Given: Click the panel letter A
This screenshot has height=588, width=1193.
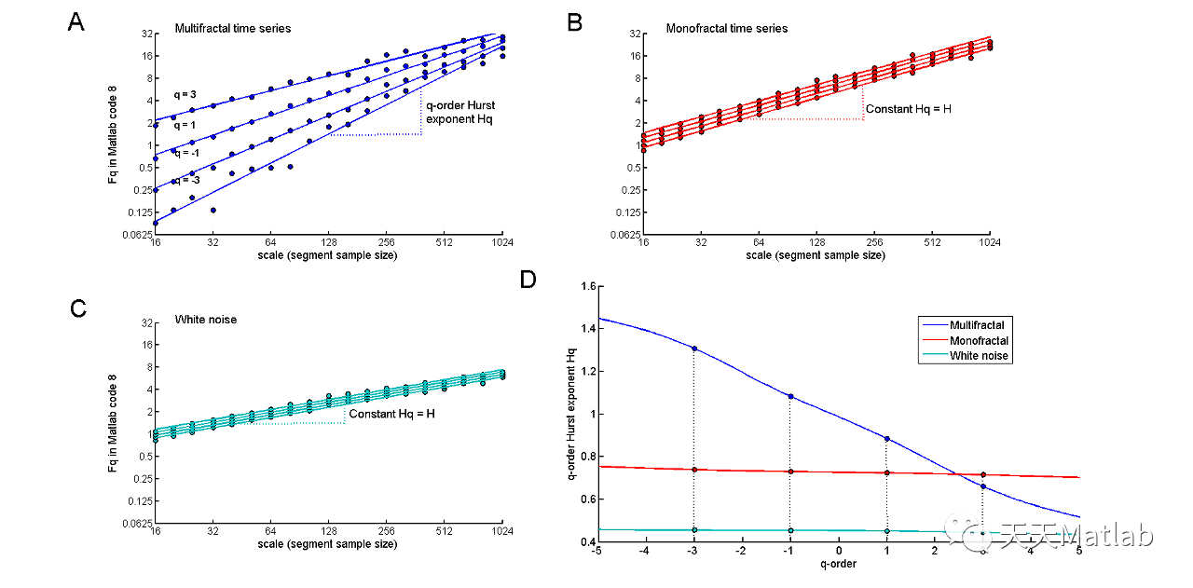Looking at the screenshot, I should pyautogui.click(x=76, y=22).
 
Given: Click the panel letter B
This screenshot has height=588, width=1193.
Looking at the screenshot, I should pyautogui.click(x=575, y=22).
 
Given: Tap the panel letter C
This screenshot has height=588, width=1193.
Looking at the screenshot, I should pyautogui.click(x=78, y=308).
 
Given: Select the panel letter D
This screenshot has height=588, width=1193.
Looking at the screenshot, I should pyautogui.click(x=528, y=279).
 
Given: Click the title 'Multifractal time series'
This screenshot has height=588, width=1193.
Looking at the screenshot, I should pyautogui.click(x=233, y=29).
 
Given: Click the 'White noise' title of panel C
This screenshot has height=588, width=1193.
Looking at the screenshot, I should pyautogui.click(x=206, y=320).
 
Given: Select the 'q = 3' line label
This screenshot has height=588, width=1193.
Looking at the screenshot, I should pyautogui.click(x=185, y=95).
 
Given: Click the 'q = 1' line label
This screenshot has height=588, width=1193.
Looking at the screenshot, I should pyautogui.click(x=185, y=124).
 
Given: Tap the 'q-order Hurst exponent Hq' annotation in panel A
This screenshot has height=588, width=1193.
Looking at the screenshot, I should pyautogui.click(x=459, y=113).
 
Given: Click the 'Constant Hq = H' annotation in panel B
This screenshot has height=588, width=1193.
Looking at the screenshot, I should pyautogui.click(x=909, y=109).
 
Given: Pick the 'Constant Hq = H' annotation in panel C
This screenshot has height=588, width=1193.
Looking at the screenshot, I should pyautogui.click(x=391, y=413).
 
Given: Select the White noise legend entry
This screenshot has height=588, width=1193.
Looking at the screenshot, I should pyautogui.click(x=980, y=356).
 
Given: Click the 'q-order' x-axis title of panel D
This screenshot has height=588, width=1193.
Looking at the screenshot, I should pyautogui.click(x=838, y=564).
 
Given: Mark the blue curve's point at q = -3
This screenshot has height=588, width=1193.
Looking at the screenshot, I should pyautogui.click(x=694, y=349).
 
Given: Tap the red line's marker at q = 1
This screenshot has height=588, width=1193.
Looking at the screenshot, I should pyautogui.click(x=886, y=472).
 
